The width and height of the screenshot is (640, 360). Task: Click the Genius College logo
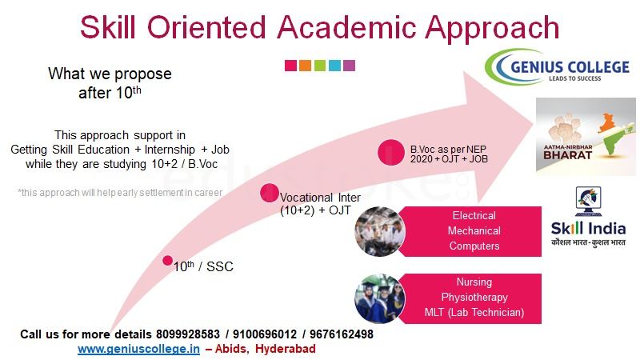(557, 66)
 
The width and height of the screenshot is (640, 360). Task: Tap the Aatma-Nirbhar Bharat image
(586, 137)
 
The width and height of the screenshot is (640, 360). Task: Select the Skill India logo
(588, 217)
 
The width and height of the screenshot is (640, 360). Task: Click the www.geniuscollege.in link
(138, 349)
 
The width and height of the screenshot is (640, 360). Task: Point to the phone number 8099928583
(188, 334)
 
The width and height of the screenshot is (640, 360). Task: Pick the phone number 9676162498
(342, 334)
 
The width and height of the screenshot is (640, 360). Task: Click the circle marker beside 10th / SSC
(167, 261)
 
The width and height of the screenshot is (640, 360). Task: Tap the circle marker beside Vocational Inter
(270, 193)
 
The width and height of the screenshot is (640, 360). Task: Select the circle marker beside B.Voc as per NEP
(391, 152)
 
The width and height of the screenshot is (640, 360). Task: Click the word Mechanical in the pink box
(474, 231)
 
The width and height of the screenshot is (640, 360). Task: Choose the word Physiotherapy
(474, 298)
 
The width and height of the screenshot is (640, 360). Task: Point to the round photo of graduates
(379, 298)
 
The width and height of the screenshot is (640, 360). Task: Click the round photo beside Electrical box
(379, 231)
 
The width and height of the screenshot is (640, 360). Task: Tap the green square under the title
(320, 66)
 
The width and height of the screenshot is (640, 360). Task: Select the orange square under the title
(306, 66)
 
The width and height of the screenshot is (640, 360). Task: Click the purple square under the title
(350, 66)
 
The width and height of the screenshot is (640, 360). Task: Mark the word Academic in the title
(346, 27)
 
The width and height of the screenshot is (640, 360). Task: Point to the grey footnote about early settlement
(120, 193)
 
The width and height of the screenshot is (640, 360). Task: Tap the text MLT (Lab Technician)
(474, 313)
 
